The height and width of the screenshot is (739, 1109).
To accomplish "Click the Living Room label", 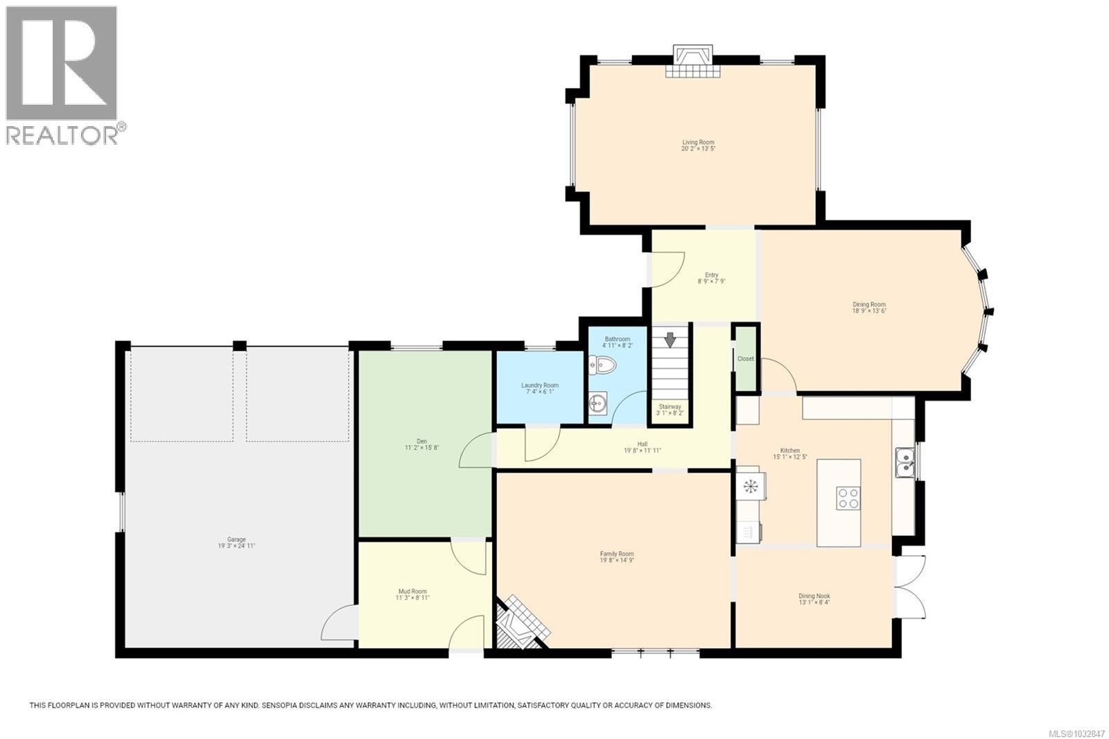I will tap(698, 142).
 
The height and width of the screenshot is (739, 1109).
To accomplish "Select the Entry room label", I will tap(712, 275).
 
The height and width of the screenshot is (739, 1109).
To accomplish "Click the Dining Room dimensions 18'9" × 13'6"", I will tap(869, 311).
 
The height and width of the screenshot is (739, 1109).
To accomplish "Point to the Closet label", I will tap(746, 359).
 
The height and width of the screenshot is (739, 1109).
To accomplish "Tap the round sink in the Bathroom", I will tap(597, 403).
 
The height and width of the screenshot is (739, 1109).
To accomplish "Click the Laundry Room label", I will tap(540, 385).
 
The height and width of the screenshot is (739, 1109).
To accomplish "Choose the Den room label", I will tap(421, 441).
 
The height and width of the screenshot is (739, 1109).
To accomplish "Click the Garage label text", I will tap(236, 539).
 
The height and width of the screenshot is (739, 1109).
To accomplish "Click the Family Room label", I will tap(617, 554).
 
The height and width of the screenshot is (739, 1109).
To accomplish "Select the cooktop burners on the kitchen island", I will tap(849, 498).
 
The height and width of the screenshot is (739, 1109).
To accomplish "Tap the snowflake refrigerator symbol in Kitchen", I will tap(750, 486).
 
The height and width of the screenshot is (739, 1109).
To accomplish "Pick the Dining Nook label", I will tap(814, 596).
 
